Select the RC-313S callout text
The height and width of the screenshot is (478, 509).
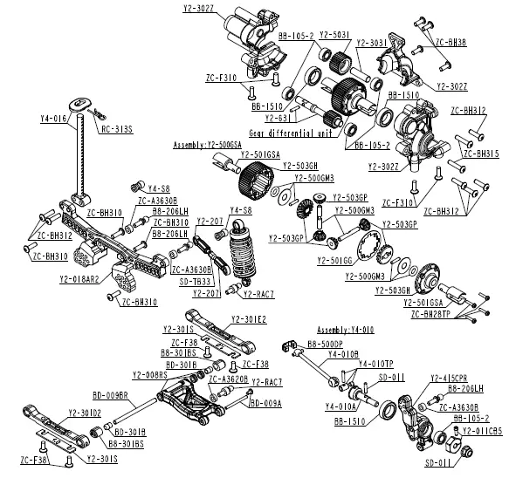click(117, 128)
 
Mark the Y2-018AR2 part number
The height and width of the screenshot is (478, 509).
click(79, 279)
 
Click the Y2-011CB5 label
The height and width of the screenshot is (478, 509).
click(474, 429)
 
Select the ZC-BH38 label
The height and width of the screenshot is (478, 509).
click(450, 42)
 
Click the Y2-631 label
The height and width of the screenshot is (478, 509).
click(278, 117)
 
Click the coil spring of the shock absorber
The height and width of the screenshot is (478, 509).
click(242, 256)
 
